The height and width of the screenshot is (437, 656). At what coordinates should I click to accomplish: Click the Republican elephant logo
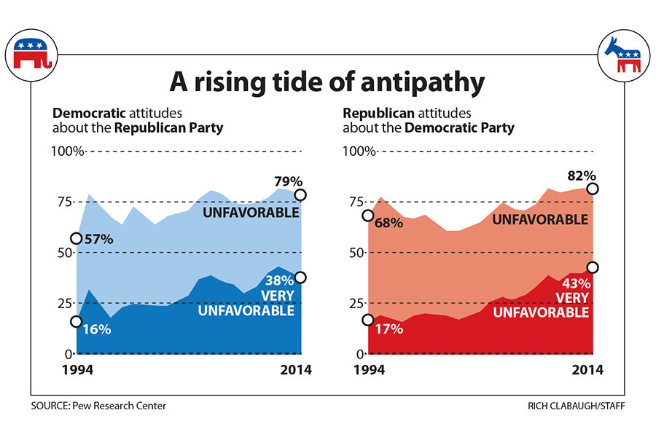pyautogui.click(x=33, y=56)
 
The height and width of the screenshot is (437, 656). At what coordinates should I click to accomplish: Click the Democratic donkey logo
pyautogui.click(x=623, y=56)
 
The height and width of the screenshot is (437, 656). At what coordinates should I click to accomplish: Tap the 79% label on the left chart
pyautogui.click(x=289, y=181)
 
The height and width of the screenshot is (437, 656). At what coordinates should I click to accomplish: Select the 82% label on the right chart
pyautogui.click(x=582, y=176)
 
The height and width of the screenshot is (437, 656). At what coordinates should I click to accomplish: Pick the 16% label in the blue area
pyautogui.click(x=96, y=329)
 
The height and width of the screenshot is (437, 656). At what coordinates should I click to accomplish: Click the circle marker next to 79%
pyautogui.click(x=300, y=195)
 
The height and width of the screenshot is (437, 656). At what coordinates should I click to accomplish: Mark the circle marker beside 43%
pyautogui.click(x=593, y=267)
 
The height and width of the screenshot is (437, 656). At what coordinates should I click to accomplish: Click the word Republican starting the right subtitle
pyautogui.click(x=372, y=114)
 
